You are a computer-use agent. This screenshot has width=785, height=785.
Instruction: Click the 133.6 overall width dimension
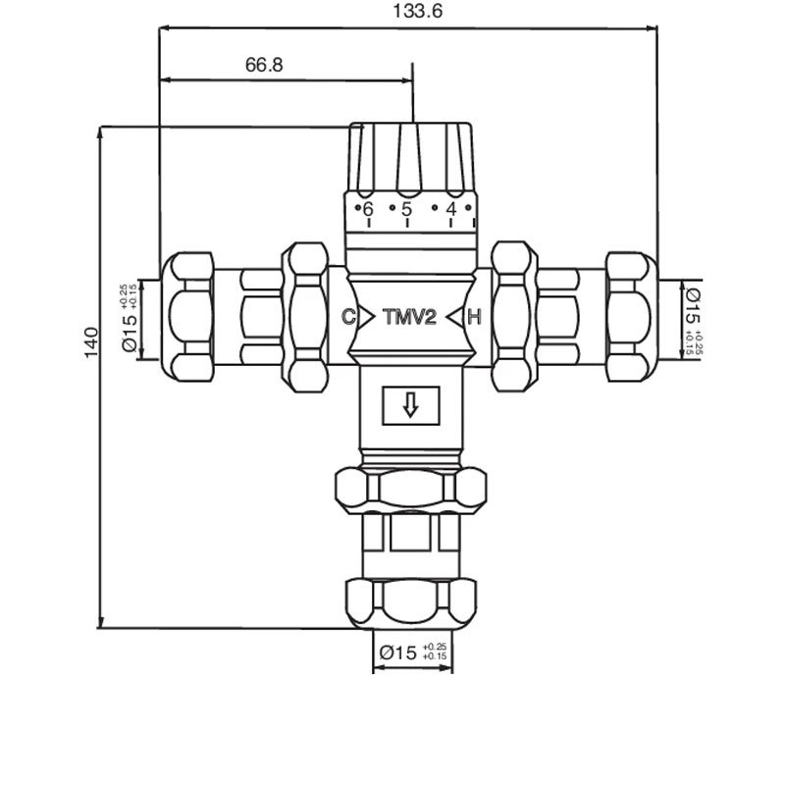[x=418, y=11]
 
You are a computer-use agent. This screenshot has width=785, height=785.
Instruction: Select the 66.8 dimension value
[x=264, y=65]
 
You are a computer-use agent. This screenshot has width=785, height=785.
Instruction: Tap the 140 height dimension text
[x=91, y=342]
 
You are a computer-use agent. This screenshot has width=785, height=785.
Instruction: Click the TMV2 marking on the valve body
[x=409, y=317]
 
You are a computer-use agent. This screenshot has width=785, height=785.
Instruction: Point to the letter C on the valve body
[x=348, y=316]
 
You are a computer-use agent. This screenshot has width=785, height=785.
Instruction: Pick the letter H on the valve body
[x=474, y=317]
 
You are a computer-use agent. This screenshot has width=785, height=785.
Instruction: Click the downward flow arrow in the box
[x=410, y=405]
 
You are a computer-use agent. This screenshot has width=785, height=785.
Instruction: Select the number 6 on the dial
[x=368, y=209]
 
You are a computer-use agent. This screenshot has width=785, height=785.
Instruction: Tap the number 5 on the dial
[x=406, y=209]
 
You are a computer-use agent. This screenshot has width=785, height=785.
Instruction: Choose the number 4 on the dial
[x=451, y=209]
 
